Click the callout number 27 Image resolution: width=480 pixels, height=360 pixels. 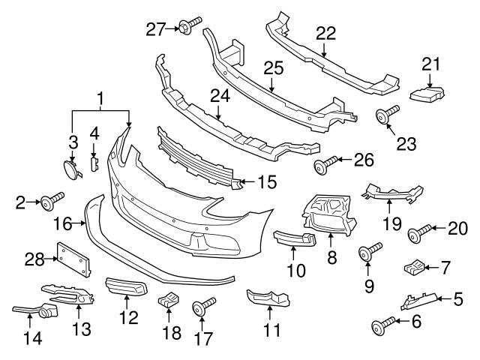click(154, 29)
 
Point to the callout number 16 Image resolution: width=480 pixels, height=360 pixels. click(64, 223)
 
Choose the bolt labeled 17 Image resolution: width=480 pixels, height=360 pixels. click(203, 307)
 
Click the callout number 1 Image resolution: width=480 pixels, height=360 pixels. click(100, 97)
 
